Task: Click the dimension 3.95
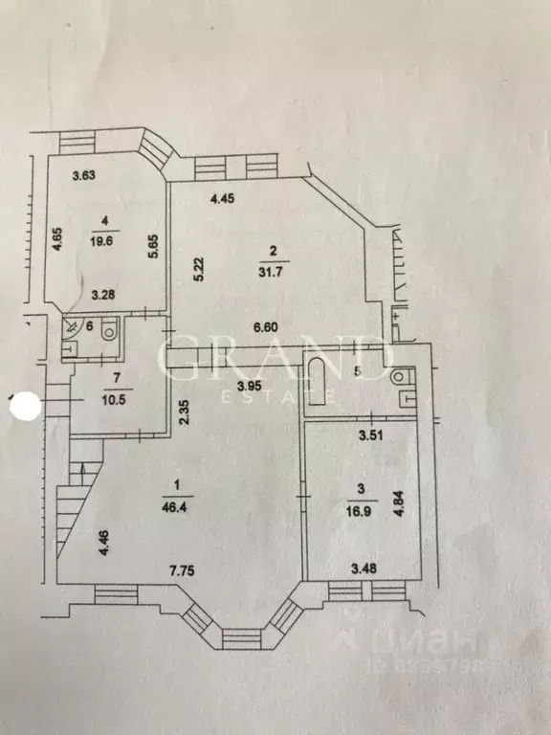251,386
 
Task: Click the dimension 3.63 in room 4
87,175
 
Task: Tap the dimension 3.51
372,435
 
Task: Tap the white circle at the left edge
23,406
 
